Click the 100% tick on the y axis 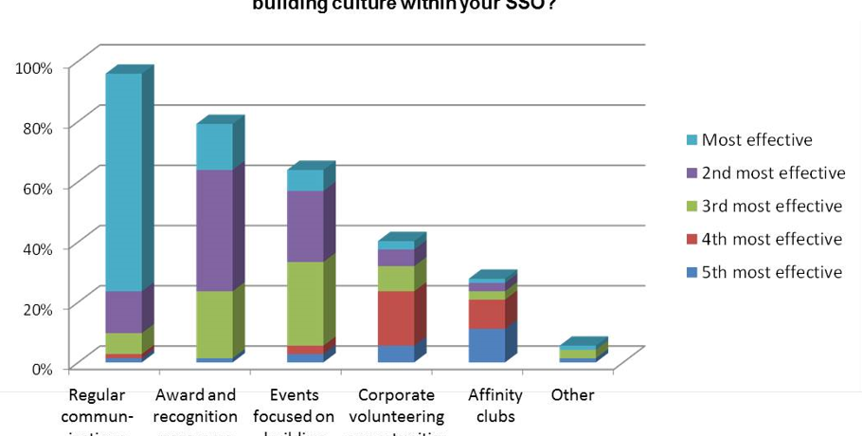33,67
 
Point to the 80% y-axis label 36,128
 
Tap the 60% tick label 36,188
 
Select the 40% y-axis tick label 36,248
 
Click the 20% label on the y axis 36,308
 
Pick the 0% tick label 41,369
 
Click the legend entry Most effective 756,140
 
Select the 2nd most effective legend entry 773,173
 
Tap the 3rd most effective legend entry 771,207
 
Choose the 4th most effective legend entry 771,240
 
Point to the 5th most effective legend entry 771,273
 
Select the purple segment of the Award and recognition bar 214,230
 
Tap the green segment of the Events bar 305,303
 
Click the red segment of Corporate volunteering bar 396,318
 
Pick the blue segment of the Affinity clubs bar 487,345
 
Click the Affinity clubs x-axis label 495,406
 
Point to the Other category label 572,395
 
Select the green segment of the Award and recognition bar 214,324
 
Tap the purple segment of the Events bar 305,226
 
